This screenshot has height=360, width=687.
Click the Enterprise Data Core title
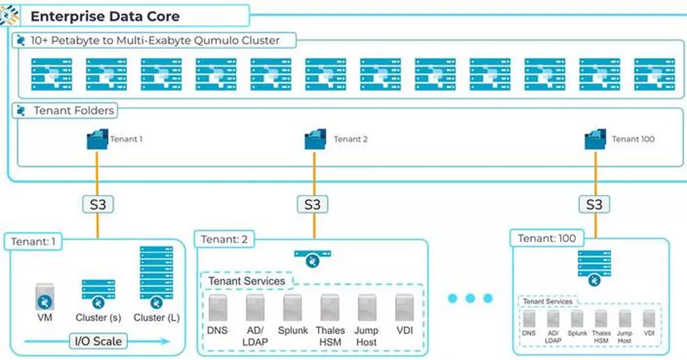pos(105,15)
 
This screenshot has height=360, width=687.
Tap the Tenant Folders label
pos(74,110)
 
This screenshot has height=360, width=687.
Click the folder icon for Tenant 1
pos(97,139)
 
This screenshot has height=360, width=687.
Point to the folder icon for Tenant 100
pos(595,139)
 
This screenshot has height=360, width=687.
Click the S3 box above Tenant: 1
pos(97,204)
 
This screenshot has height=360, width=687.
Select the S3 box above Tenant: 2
pos(313,204)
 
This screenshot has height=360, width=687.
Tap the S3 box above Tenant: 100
pos(594,204)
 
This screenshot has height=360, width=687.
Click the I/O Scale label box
pos(98,342)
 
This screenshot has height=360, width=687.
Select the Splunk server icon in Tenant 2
pos(293,307)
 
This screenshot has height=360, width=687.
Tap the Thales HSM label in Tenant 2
pos(330,336)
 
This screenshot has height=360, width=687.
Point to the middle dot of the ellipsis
pos(470,298)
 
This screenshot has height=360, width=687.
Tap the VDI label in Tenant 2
pos(404,331)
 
